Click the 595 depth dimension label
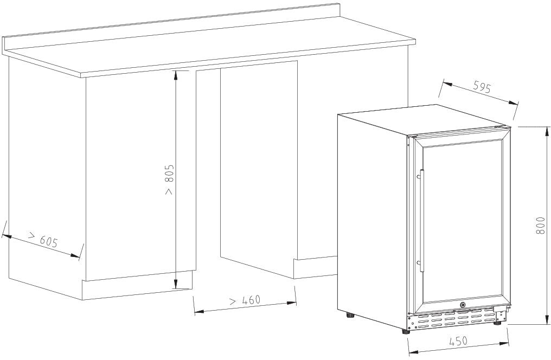[482, 87]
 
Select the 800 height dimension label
[541, 226]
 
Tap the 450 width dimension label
[458, 340]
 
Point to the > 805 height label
[169, 179]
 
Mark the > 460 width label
[245, 300]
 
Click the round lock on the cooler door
[463, 305]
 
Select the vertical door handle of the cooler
[421, 221]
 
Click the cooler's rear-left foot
[350, 315]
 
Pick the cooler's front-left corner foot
[406, 331]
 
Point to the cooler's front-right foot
[497, 322]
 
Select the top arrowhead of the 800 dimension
[547, 131]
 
